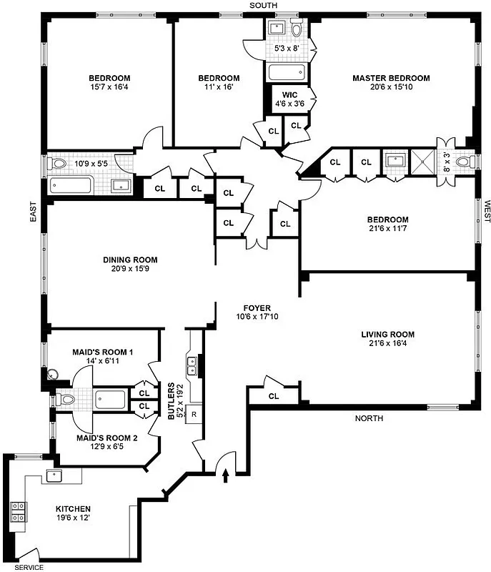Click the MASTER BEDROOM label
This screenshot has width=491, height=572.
coord(391,78)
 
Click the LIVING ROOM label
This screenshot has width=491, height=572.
coord(387,334)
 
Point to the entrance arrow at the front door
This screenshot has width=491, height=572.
coord(227,473)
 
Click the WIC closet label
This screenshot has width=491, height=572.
coord(289,94)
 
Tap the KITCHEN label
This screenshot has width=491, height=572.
coord(73,510)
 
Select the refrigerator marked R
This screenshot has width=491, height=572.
coord(194,414)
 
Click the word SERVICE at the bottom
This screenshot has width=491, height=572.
coord(28,567)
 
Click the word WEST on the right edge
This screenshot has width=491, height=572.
coord(486,211)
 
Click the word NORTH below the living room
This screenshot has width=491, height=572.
coord(369,418)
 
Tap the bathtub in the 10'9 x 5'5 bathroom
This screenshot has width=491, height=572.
coord(71,187)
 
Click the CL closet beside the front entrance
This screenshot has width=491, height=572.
coord(274,396)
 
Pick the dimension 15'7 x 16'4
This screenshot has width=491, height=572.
coord(109,87)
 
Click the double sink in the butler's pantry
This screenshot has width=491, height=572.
coord(192,366)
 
